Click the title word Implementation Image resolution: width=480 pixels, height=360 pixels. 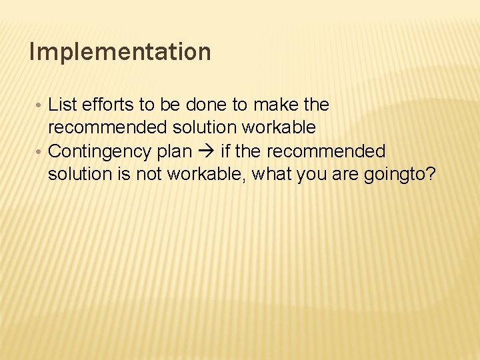(x=120, y=52)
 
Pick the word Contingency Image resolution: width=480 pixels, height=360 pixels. (x=100, y=152)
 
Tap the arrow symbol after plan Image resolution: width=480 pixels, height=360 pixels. (x=205, y=152)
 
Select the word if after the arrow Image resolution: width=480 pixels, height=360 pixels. (x=225, y=151)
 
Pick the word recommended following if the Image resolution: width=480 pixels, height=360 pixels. (x=326, y=151)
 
